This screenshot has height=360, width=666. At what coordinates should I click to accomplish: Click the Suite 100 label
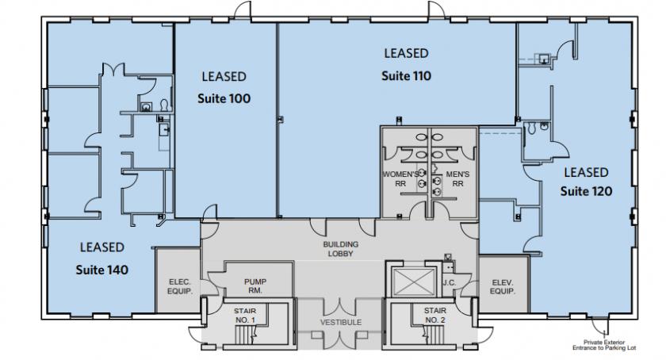(x=224, y=98)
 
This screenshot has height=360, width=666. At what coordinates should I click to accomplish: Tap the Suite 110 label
(x=406, y=76)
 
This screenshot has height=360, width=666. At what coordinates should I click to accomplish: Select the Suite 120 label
(x=586, y=191)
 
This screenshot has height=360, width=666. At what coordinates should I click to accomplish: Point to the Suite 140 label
(x=102, y=270)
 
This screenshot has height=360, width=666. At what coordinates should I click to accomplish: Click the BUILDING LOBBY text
(x=341, y=249)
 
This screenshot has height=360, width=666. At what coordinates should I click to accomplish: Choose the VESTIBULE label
(x=341, y=323)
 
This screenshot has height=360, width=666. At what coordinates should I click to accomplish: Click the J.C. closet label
(x=449, y=282)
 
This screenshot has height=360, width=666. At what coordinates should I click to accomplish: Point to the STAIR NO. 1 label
(x=245, y=316)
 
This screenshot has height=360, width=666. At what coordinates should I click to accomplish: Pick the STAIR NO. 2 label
(x=435, y=316)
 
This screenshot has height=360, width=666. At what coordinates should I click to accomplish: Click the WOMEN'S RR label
(x=400, y=179)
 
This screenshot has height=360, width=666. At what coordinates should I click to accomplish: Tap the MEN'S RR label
(x=457, y=179)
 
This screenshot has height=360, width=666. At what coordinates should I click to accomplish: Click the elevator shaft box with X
(x=414, y=282)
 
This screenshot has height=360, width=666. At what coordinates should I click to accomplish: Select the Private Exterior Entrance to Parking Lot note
(x=604, y=345)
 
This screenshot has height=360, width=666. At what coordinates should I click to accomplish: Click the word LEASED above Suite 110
(x=406, y=54)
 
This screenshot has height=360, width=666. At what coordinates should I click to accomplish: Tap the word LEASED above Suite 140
(x=102, y=247)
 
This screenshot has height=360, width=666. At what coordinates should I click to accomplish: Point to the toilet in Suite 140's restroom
(x=165, y=105)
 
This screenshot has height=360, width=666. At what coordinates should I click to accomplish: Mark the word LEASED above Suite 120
(x=586, y=173)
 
